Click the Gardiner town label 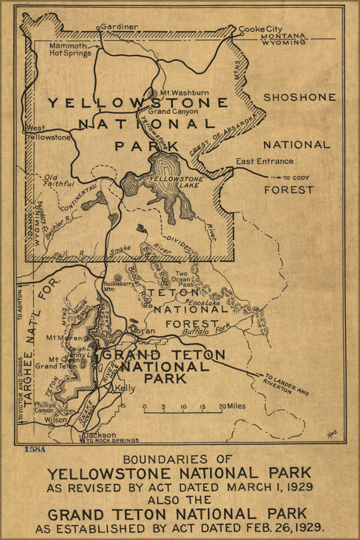click(119, 27)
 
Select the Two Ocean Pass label click(181, 277)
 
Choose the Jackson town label click(99, 435)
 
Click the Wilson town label click(56, 419)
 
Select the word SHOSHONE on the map click(300, 97)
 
